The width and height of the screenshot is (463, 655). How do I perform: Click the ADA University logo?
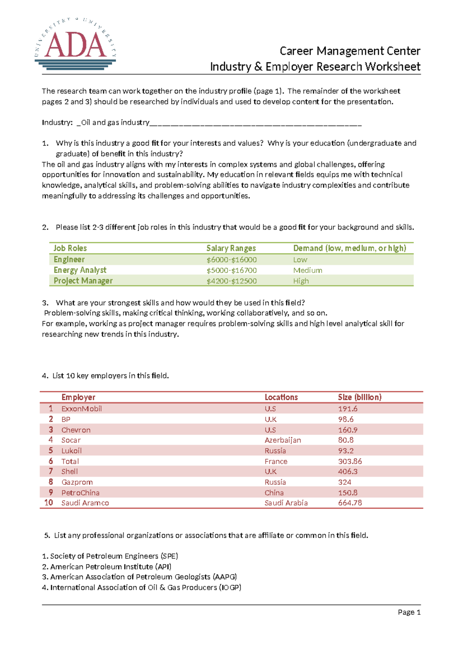[x=75, y=44]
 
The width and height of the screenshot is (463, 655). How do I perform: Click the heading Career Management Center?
[x=350, y=51]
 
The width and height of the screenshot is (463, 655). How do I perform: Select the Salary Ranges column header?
[x=231, y=248]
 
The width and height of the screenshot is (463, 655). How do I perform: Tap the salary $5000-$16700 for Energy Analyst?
[x=231, y=270]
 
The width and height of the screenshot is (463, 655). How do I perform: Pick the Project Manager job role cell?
[x=83, y=281]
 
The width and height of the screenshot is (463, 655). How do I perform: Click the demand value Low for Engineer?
[x=300, y=260]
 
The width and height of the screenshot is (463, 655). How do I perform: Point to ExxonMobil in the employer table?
[x=81, y=409]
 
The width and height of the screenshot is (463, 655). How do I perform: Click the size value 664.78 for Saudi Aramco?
[x=350, y=503]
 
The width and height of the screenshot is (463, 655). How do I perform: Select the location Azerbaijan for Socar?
[x=282, y=440]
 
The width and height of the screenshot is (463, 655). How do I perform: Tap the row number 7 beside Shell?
[x=51, y=472]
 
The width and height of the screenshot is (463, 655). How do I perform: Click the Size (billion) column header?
[x=359, y=397]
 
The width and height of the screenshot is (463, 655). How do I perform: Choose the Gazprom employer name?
[x=77, y=482]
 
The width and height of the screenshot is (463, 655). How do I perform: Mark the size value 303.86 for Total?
[x=350, y=462]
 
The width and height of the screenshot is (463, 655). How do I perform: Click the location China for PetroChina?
[x=274, y=493]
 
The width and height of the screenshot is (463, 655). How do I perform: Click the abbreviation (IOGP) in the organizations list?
[x=230, y=587]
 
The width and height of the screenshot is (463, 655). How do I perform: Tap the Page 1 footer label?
[x=409, y=612]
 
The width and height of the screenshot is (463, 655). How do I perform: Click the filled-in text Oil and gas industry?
[x=115, y=122]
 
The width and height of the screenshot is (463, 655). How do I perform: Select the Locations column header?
[x=281, y=397]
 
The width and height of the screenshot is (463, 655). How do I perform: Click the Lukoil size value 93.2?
[x=345, y=451]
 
